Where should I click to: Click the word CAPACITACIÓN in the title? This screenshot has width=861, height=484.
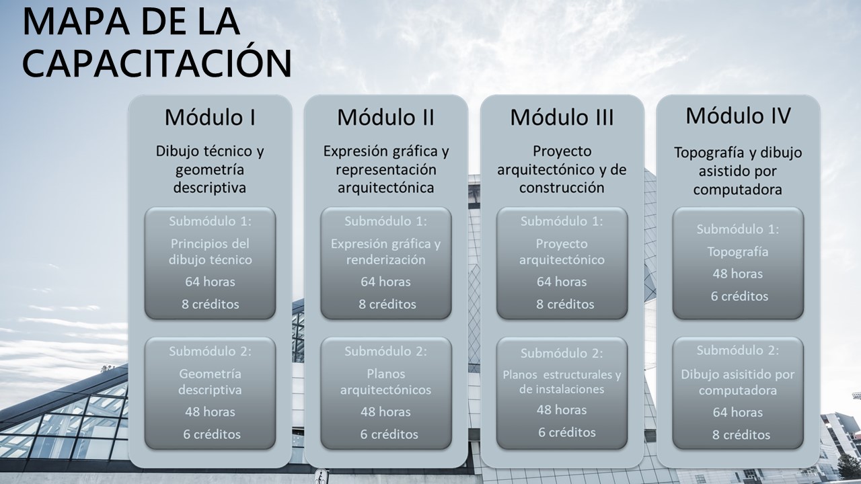(x=157, y=64)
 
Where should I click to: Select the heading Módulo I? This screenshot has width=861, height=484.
(x=210, y=117)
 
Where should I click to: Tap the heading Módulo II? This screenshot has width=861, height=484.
(x=385, y=117)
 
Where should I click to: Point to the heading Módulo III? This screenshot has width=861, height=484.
(x=562, y=117)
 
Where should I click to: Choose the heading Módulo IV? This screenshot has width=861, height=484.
(x=738, y=116)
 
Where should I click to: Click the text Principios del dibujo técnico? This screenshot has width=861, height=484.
(x=210, y=251)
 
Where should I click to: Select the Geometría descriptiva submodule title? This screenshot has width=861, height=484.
(x=210, y=381)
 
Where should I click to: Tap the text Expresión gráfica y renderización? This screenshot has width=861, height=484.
(x=385, y=251)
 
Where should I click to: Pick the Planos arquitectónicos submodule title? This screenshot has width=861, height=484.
(x=385, y=381)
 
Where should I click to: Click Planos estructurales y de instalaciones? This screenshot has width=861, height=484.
(x=562, y=381)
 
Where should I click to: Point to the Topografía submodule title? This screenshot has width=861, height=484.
(x=738, y=252)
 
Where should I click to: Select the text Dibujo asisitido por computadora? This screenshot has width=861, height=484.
(x=738, y=382)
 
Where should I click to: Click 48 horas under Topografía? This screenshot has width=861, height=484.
(x=738, y=274)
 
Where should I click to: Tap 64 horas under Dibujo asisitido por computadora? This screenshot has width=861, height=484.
(x=738, y=412)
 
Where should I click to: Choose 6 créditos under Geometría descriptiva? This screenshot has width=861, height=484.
(x=210, y=434)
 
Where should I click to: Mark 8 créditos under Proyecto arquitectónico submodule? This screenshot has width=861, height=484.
(x=562, y=304)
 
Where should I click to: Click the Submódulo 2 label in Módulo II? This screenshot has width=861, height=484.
(x=385, y=351)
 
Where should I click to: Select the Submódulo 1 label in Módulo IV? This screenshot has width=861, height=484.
(x=738, y=229)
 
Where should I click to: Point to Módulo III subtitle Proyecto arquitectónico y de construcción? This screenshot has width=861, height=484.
(x=562, y=169)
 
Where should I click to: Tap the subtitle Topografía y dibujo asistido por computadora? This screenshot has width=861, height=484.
(x=738, y=171)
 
